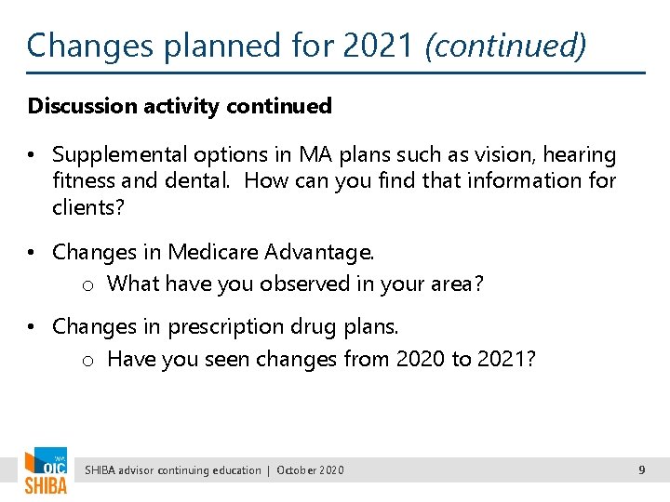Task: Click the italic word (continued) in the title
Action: click(x=505, y=45)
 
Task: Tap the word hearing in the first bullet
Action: click(x=581, y=154)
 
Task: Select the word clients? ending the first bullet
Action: click(x=88, y=206)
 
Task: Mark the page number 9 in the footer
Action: click(x=641, y=470)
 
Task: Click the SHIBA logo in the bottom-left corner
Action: click(x=46, y=471)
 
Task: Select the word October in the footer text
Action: click(x=297, y=470)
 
